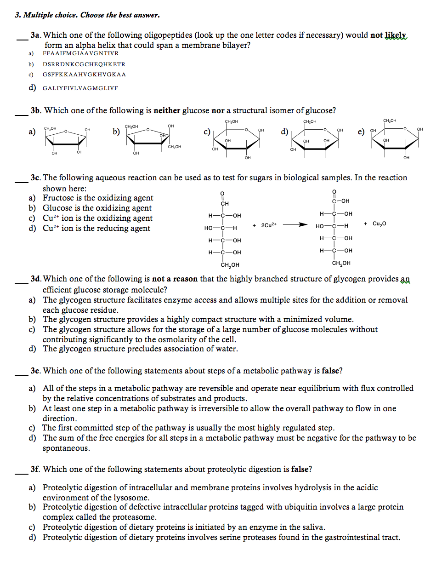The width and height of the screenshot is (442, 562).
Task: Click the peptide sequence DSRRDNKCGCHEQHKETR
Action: (84, 64)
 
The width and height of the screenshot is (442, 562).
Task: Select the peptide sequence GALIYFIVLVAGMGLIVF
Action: (80, 88)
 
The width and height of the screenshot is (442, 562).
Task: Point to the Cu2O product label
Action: (380, 224)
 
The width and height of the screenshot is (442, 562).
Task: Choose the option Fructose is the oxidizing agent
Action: (98, 198)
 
